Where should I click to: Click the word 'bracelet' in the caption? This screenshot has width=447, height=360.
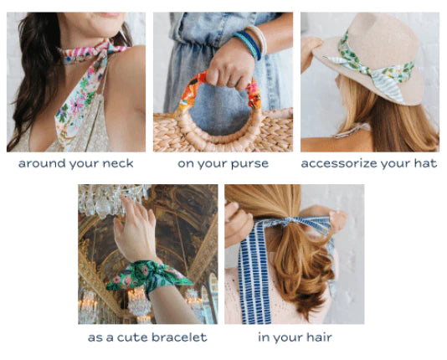click(x=179, y=337)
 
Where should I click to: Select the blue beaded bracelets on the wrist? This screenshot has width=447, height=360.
click(x=249, y=44)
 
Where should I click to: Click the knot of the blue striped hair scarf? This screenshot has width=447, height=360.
click(x=290, y=221)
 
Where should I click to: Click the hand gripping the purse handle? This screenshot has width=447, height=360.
click(x=230, y=66)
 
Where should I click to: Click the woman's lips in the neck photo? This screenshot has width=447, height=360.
click(x=109, y=14)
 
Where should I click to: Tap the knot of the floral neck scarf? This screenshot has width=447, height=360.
click(x=106, y=49)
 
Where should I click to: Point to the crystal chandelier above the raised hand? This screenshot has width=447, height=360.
click(x=114, y=199)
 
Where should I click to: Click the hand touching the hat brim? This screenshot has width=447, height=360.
click(x=311, y=51)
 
